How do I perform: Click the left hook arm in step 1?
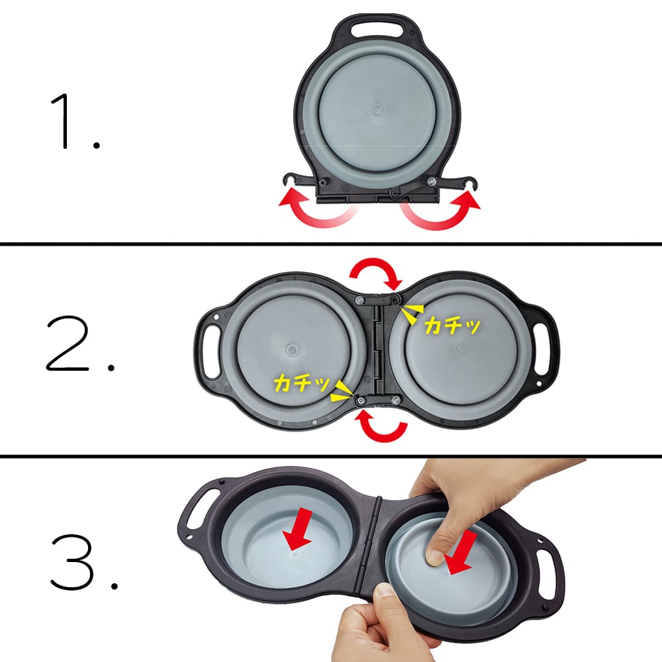point(299,180)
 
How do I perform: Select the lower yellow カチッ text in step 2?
point(301,383)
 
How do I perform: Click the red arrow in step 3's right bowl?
point(461,553)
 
